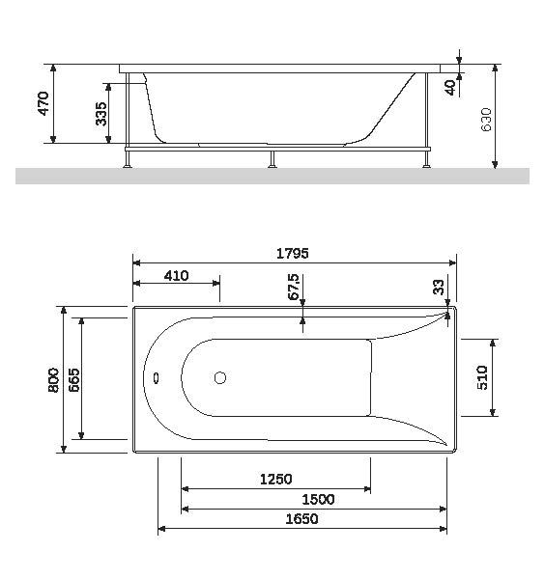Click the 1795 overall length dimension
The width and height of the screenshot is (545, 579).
coord(292,253)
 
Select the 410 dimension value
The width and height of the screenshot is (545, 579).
coord(176,276)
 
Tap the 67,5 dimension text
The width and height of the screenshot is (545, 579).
coord(294,289)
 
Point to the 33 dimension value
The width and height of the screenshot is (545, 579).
coord(439,288)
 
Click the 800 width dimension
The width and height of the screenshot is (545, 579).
coord(53,379)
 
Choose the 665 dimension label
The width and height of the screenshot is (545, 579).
coord(73,379)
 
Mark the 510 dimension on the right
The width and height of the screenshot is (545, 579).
coord(485,377)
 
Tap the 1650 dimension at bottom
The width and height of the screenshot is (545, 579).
coord(300,519)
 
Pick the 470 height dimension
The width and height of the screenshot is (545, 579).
coord(43,103)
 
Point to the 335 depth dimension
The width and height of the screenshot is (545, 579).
coord(101,115)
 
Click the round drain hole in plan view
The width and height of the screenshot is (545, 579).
coord(219,379)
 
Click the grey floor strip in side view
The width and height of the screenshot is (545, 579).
coord(272,175)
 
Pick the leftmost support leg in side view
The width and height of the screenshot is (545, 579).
coord(127,157)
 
